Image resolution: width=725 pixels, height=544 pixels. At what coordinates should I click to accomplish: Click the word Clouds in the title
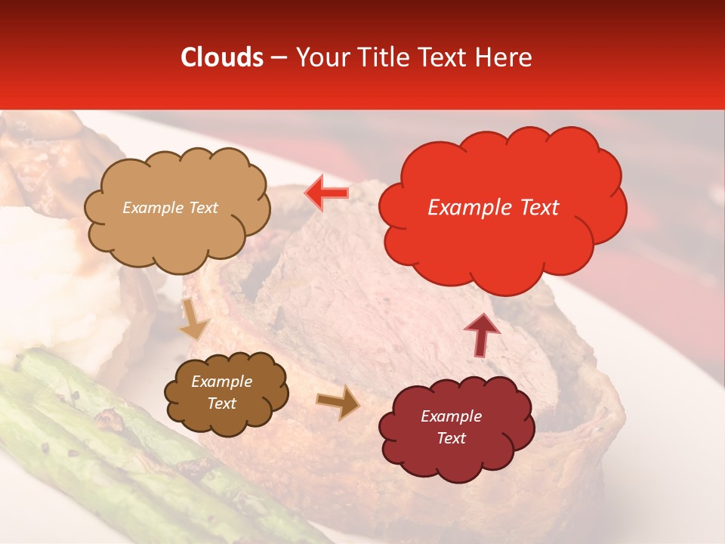[222, 57]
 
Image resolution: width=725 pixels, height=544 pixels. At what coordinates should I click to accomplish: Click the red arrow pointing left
[327, 193]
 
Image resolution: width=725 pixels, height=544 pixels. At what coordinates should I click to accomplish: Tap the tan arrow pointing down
[193, 319]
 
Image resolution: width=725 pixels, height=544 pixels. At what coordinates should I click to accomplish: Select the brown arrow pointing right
[339, 402]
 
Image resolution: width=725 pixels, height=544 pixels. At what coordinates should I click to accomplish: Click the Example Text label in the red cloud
[493, 208]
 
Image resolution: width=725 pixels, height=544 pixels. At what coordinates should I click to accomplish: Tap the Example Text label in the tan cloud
[170, 208]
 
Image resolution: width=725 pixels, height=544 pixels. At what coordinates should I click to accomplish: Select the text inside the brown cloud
[221, 393]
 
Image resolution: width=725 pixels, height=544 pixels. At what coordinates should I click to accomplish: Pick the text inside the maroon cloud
[451, 427]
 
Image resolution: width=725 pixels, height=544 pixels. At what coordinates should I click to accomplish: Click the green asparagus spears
[113, 453]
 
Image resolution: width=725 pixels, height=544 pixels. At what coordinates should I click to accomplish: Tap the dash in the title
[278, 57]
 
